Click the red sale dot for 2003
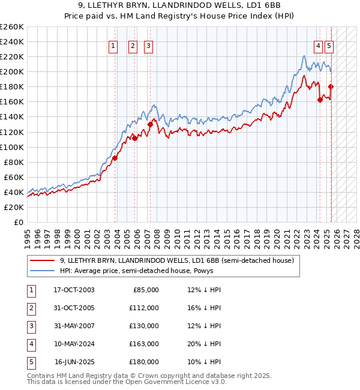(115, 158)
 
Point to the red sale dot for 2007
(150, 124)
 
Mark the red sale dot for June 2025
(331, 86)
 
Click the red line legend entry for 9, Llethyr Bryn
(176, 261)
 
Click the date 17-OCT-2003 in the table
(74, 290)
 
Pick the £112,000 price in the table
(144, 308)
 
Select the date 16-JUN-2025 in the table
(74, 362)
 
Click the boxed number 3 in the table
(30, 326)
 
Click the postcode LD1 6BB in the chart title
(265, 5)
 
